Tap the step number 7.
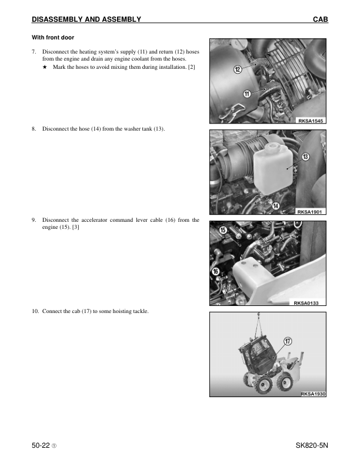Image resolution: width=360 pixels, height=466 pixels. (x=34, y=52)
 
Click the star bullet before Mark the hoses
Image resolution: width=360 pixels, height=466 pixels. (x=45, y=67)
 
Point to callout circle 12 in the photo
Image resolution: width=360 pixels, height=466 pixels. (x=238, y=69)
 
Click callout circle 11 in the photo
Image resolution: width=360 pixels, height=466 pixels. (x=247, y=93)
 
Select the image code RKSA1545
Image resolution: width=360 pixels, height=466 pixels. (x=311, y=121)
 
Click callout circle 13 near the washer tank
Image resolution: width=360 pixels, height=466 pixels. (x=306, y=157)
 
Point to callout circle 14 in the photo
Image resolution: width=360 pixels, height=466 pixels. (x=276, y=205)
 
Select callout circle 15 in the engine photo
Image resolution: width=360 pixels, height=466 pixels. (x=223, y=229)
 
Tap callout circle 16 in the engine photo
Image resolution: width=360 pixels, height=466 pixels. (x=216, y=271)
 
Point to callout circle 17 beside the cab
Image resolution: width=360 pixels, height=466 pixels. (x=288, y=341)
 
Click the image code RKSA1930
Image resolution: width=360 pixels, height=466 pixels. (x=312, y=394)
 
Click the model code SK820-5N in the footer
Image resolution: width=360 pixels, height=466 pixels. (x=312, y=447)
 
